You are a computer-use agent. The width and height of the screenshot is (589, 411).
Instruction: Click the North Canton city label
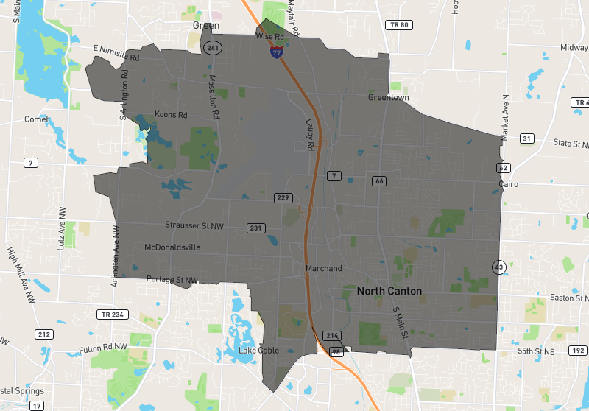tap(389, 291)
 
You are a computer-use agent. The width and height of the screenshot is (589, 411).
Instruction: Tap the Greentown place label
tap(388, 97)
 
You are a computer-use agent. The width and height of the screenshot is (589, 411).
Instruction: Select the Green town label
tap(206, 25)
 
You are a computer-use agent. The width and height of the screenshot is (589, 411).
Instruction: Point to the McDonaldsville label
tap(172, 247)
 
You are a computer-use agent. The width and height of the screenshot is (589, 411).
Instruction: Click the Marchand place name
tap(324, 268)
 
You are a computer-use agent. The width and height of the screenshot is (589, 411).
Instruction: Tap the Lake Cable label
tap(258, 351)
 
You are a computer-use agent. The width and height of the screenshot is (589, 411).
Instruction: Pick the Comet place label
tap(37, 119)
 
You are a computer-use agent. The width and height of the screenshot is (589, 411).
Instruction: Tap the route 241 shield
tap(213, 48)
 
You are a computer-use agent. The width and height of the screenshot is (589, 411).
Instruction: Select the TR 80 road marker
tap(398, 25)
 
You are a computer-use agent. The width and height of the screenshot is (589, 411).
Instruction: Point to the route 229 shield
tap(283, 197)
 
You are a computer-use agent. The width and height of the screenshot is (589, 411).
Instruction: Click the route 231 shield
tap(255, 228)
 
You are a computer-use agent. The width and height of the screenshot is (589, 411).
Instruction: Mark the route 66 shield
tap(379, 181)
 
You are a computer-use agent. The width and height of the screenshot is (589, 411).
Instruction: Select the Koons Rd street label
tap(171, 115)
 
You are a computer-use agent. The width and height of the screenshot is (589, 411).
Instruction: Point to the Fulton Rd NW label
tap(104, 348)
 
